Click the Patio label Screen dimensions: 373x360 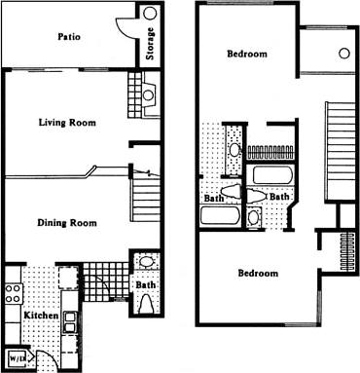pos(68,38)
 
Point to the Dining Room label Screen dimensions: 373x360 pos(66,223)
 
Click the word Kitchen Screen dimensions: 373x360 pos(35,317)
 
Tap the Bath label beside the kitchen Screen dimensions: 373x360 pos(144,286)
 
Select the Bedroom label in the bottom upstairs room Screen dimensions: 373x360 pos(258,273)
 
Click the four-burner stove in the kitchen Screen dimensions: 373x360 pos(14,291)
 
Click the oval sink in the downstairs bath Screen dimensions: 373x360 pos(144,263)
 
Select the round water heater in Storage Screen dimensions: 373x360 pos(149,15)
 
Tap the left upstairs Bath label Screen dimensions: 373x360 pos(213,200)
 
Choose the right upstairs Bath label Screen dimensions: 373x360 pos(278,198)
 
